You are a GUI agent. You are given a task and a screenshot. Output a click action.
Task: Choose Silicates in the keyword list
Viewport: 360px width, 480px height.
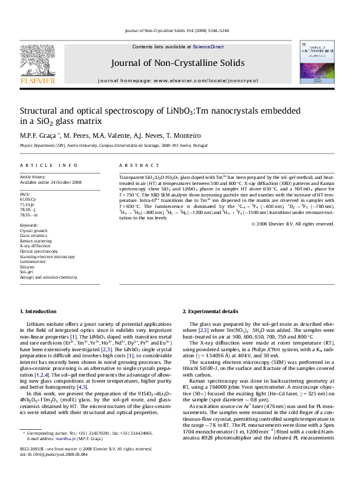[28, 266]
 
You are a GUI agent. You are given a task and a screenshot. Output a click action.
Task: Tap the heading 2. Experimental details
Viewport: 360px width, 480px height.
[211, 311]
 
